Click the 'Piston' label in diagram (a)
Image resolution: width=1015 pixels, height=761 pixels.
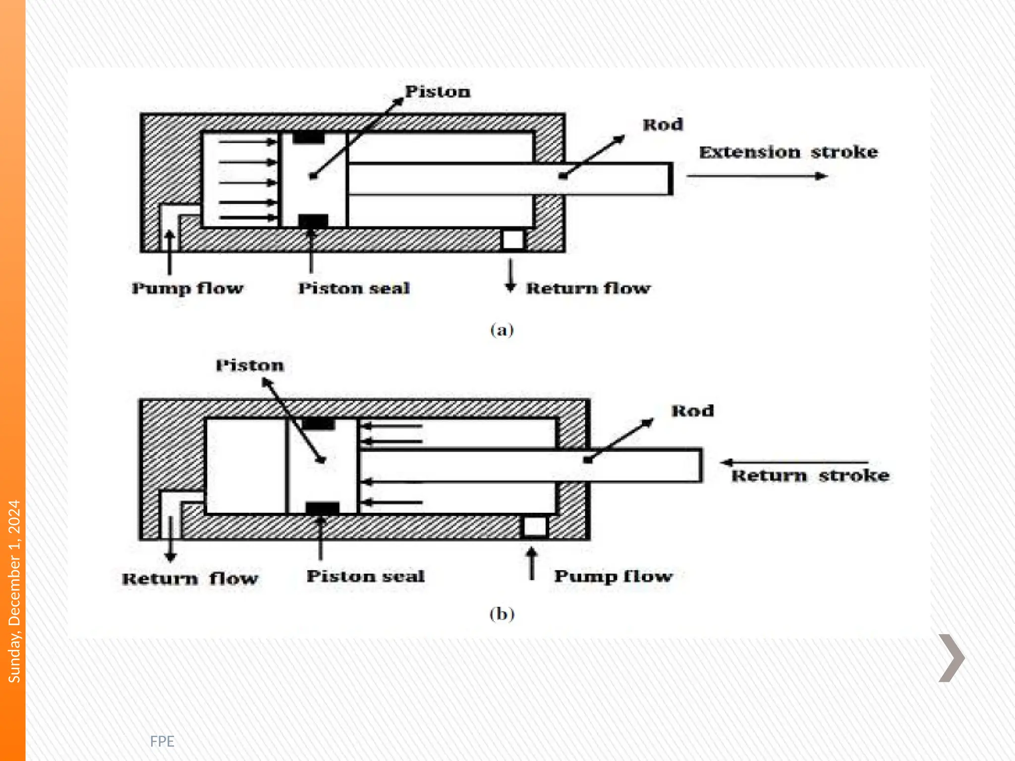[x=437, y=92]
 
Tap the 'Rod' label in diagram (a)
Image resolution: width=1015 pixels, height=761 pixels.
[x=663, y=124]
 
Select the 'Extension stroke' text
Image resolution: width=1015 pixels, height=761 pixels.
[x=788, y=152]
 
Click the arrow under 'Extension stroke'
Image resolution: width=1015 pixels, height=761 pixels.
[x=757, y=176]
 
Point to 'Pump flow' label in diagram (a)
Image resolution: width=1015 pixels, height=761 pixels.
[x=187, y=288]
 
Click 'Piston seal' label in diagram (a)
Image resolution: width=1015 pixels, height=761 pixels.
[x=354, y=288]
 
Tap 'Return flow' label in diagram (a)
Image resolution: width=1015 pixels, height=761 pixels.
[x=588, y=288]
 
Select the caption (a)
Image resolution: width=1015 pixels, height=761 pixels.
[x=502, y=329]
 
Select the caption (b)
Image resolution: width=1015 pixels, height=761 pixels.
[x=502, y=614]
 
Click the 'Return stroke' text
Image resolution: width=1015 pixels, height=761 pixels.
[x=810, y=476]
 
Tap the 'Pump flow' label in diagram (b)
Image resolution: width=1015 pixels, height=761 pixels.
[x=613, y=576]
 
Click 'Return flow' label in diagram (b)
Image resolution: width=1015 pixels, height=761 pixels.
[x=190, y=578]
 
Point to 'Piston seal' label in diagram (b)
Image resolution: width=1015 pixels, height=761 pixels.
[x=365, y=576]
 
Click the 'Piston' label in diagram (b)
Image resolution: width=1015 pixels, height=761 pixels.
[x=250, y=366]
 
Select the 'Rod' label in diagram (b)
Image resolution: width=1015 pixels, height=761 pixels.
[x=692, y=411]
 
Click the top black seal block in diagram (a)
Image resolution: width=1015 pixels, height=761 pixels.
[x=308, y=138]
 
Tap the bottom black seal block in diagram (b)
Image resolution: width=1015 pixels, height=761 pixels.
[x=322, y=508]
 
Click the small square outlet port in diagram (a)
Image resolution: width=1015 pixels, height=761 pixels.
[x=513, y=240]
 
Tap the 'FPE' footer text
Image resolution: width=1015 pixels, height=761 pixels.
[x=162, y=741]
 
